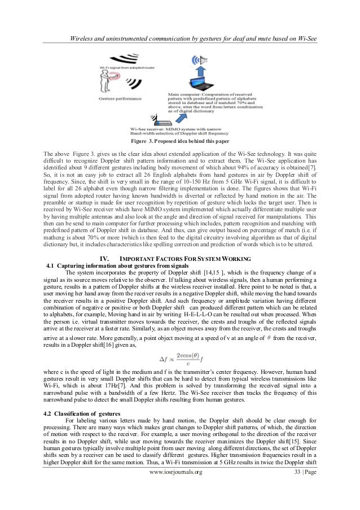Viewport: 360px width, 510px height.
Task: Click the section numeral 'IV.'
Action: tap(105, 259)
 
